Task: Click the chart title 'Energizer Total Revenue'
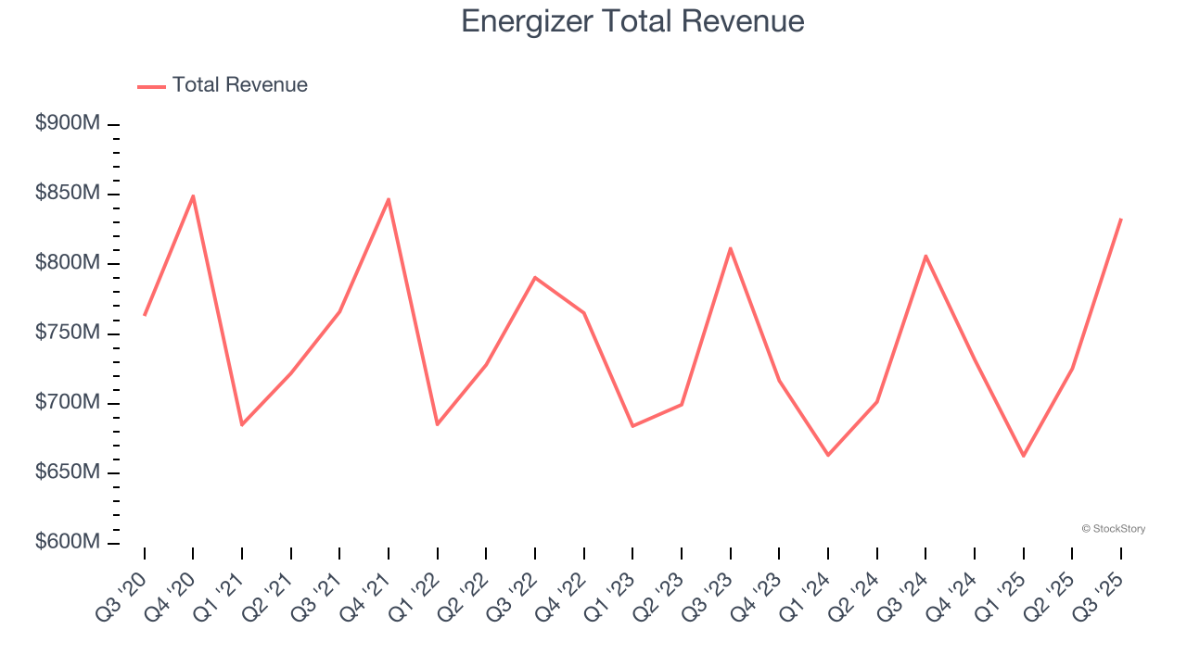[632, 21]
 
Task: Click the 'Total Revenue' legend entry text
[239, 85]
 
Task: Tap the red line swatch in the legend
[151, 86]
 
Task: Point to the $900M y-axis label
[68, 123]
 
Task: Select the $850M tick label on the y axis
[68, 194]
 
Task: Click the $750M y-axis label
[68, 333]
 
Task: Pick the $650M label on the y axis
[68, 472]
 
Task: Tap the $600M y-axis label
[68, 542]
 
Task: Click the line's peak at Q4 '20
[193, 196]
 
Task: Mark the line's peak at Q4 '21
[389, 199]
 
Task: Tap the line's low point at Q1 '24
[828, 455]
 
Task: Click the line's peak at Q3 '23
[731, 248]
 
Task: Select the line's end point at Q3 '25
[1120, 220]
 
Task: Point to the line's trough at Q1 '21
[242, 424]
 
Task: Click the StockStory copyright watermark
[1113, 529]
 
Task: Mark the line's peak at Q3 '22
[535, 277]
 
